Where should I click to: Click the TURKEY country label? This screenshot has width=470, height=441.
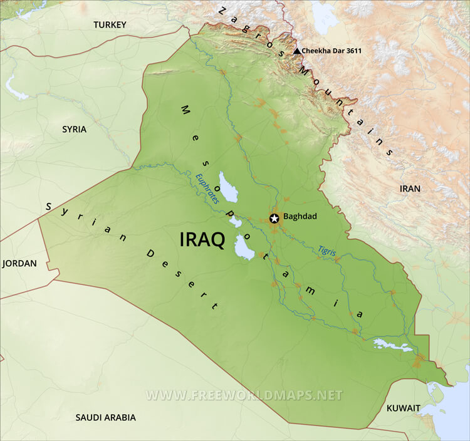pos(110,25)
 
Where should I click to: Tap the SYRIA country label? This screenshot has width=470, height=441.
pos(74,129)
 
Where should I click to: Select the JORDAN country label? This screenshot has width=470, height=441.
pos(19,264)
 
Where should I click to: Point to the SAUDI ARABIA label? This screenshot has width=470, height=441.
pos(105,417)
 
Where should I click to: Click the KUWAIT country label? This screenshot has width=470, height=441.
pos(403,408)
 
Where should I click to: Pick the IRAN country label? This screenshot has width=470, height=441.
pos(410,188)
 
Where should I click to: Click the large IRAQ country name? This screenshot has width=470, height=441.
pos(202,240)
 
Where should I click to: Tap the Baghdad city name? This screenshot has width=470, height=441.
pos(300,217)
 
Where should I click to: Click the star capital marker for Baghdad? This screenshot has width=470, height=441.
pos(274,219)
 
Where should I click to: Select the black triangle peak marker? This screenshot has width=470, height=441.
pos(297,51)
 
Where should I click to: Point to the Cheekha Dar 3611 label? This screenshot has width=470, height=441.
pos(332,51)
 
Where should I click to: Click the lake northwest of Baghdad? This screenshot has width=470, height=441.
pos(228,187)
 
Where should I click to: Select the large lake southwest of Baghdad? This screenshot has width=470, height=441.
pos(244,247)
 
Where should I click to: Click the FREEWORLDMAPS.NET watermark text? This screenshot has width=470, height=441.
pos(244,395)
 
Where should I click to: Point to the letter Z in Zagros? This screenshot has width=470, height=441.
pos(222,10)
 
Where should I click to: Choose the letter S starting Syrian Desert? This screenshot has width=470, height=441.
pos(48,207)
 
